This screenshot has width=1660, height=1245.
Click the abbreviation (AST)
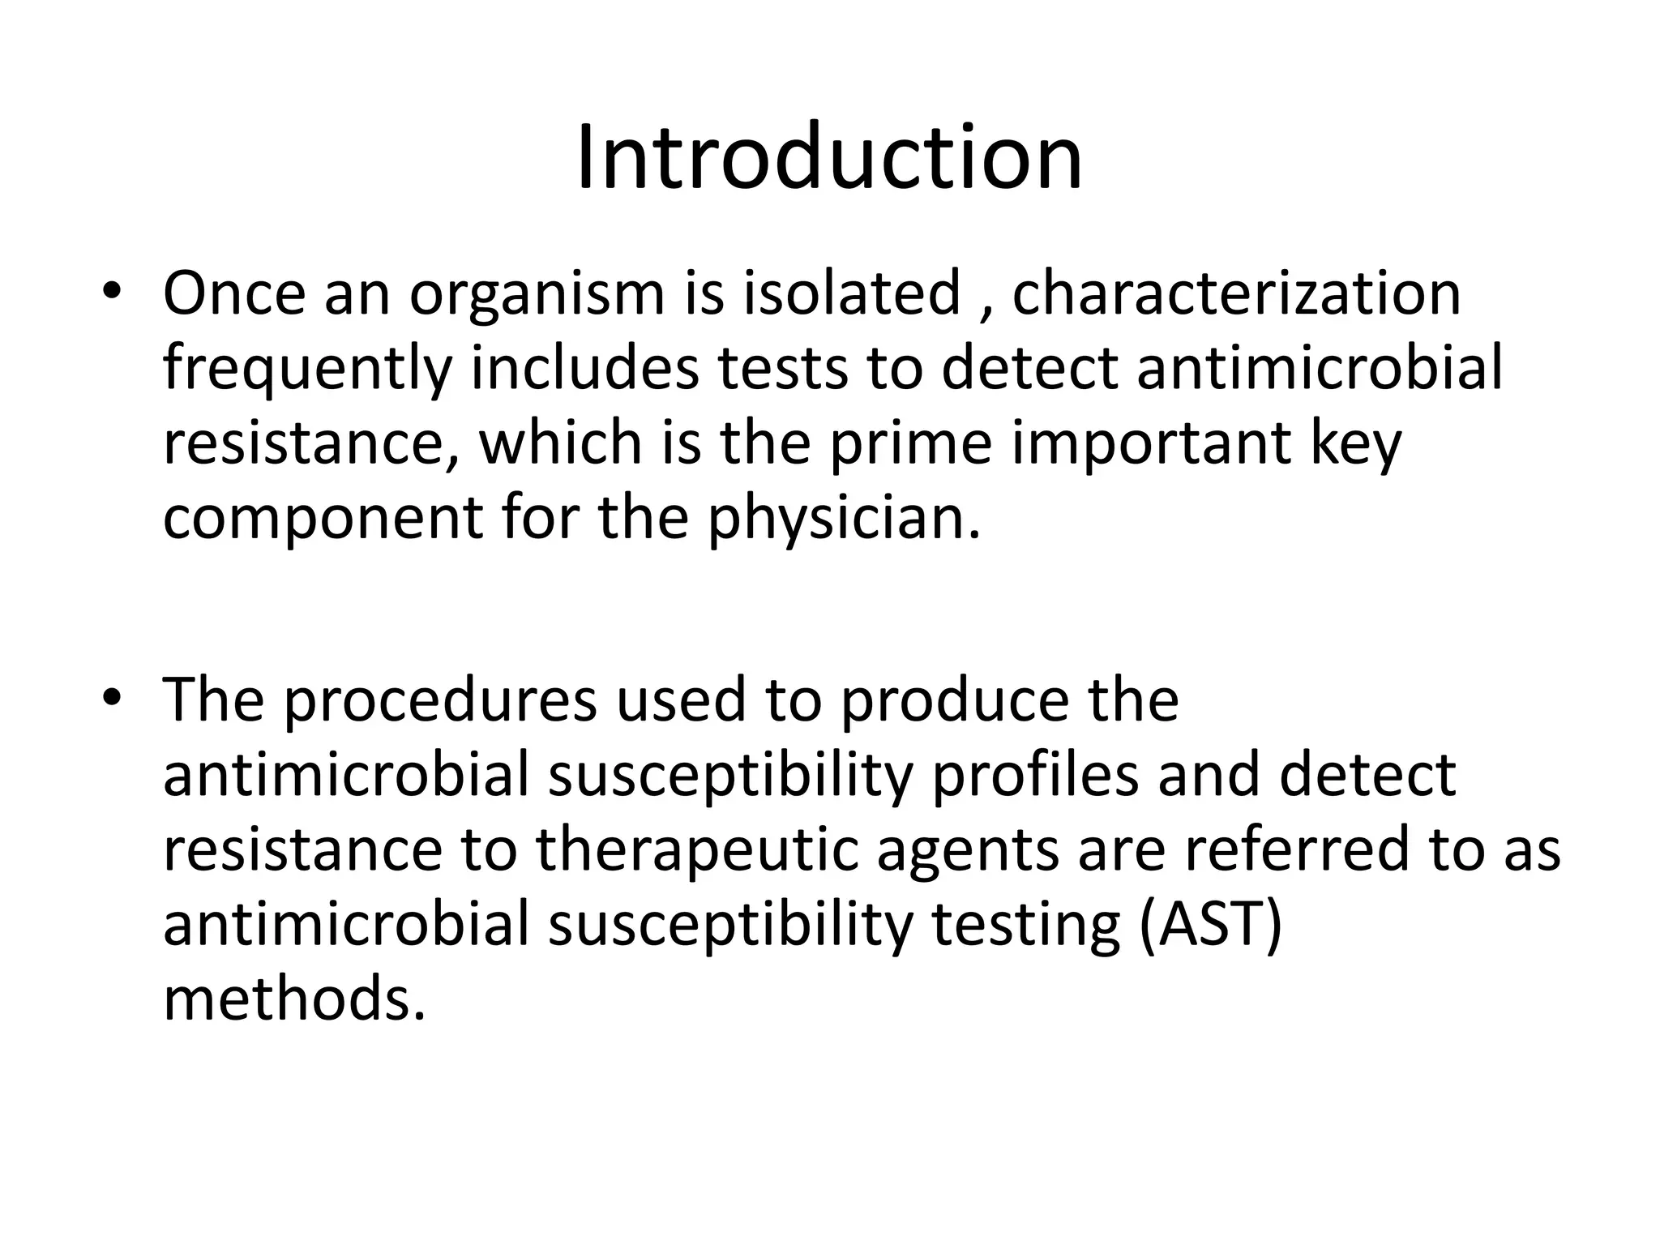point(1211,926)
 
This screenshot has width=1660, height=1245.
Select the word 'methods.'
point(294,999)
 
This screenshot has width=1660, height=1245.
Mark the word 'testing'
point(1025,926)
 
